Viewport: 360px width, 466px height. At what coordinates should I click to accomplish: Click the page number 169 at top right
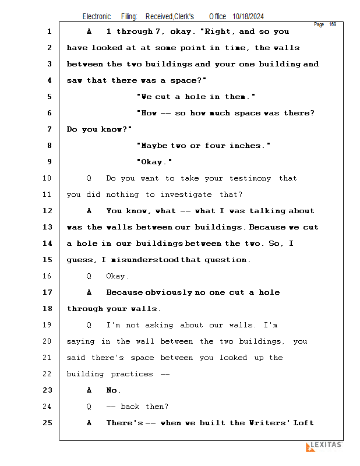[x=333, y=24]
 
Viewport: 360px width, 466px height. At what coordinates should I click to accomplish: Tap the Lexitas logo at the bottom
[x=324, y=446]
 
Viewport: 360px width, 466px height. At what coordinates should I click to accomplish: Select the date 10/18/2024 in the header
[x=252, y=17]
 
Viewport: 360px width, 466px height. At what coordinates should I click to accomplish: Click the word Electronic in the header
[x=97, y=17]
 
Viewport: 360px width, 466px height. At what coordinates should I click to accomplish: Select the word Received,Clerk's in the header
[x=170, y=17]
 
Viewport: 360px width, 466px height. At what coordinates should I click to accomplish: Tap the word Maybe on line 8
[x=152, y=146]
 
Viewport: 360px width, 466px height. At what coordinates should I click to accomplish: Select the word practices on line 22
[x=132, y=374]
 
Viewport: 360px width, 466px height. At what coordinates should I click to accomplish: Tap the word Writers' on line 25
[x=268, y=423]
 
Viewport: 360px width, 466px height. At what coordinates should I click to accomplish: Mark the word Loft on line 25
[x=303, y=423]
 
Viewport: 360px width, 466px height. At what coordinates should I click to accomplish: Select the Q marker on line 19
[x=89, y=325]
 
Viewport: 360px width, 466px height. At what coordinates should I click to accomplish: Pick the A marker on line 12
[x=89, y=211]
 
